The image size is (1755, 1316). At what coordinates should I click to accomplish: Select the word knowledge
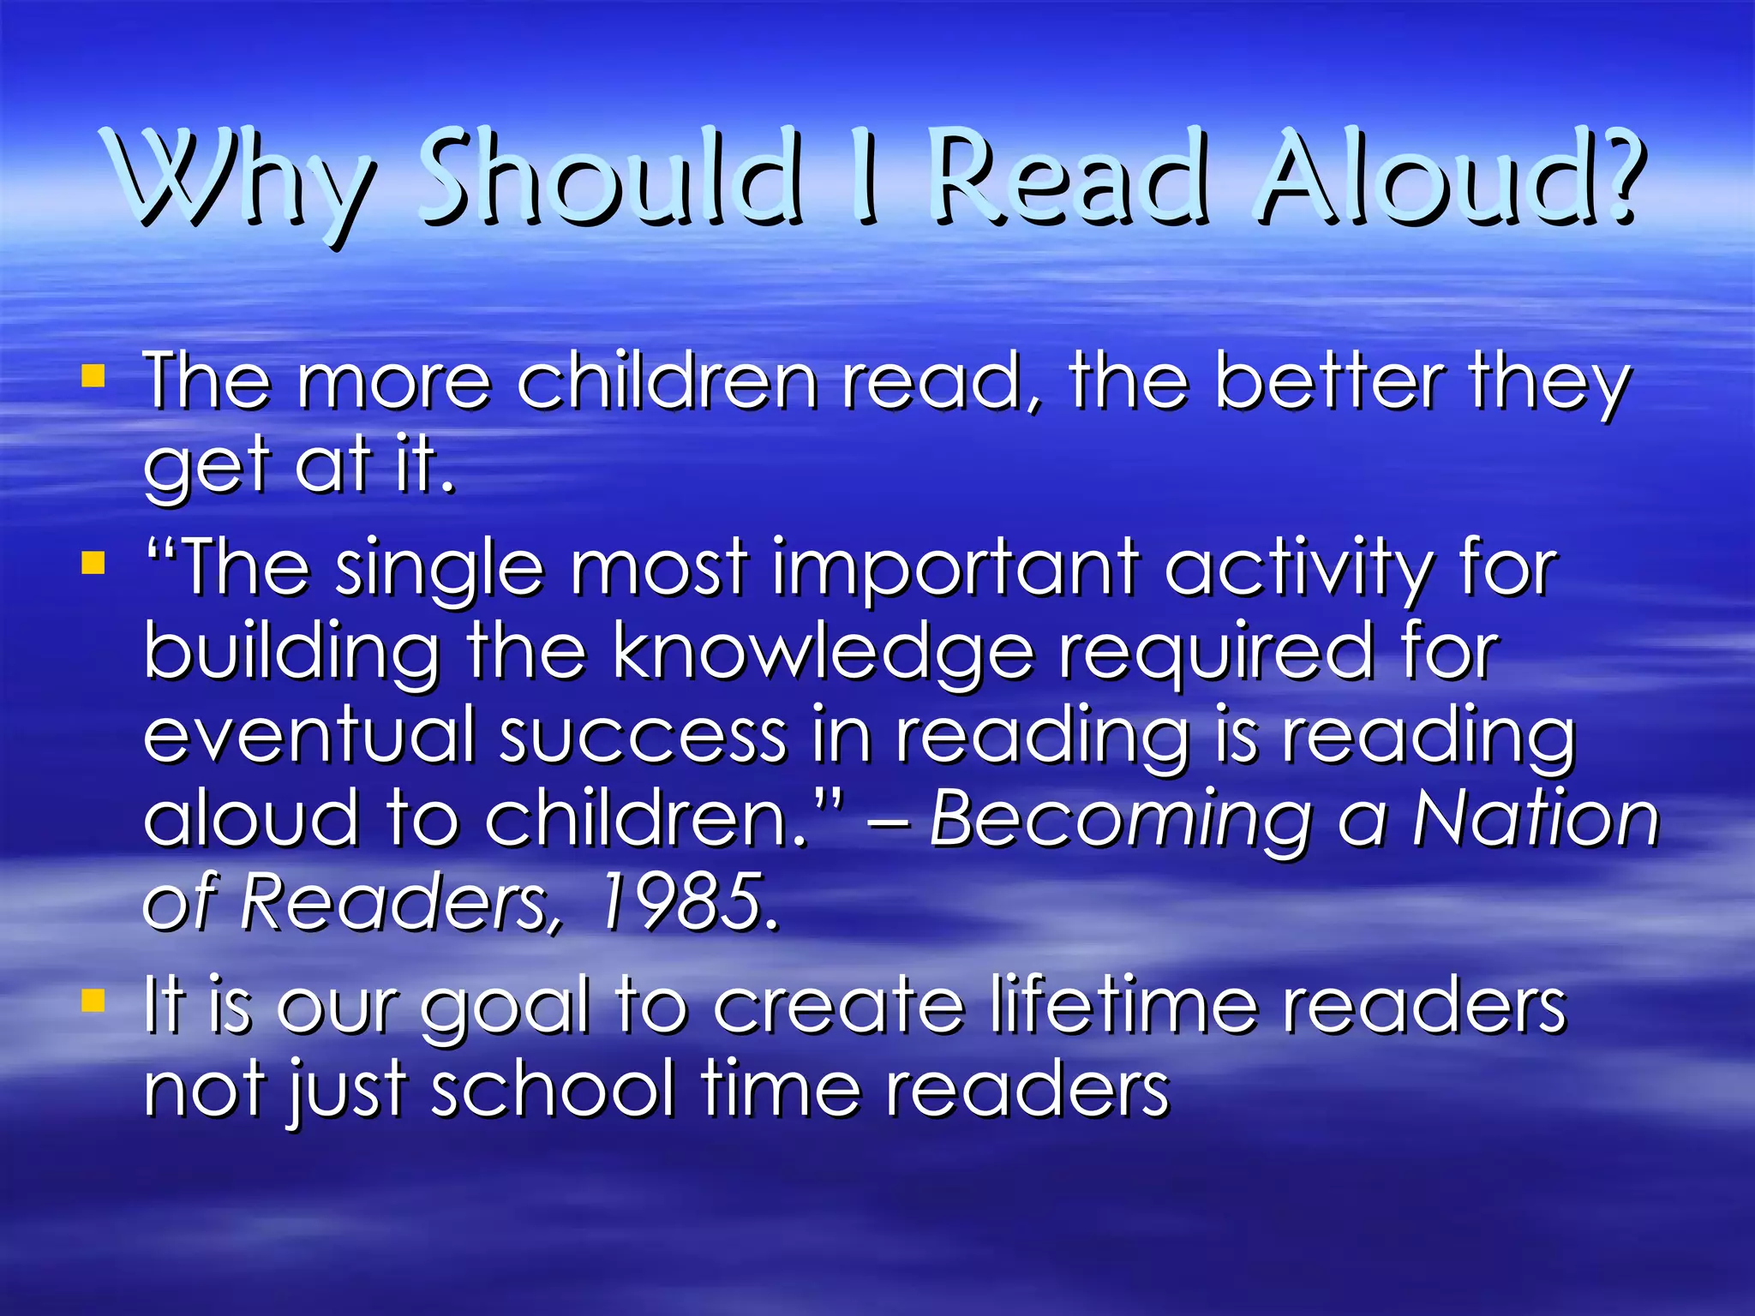point(823,653)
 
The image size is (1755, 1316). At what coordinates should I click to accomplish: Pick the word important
point(955,567)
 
